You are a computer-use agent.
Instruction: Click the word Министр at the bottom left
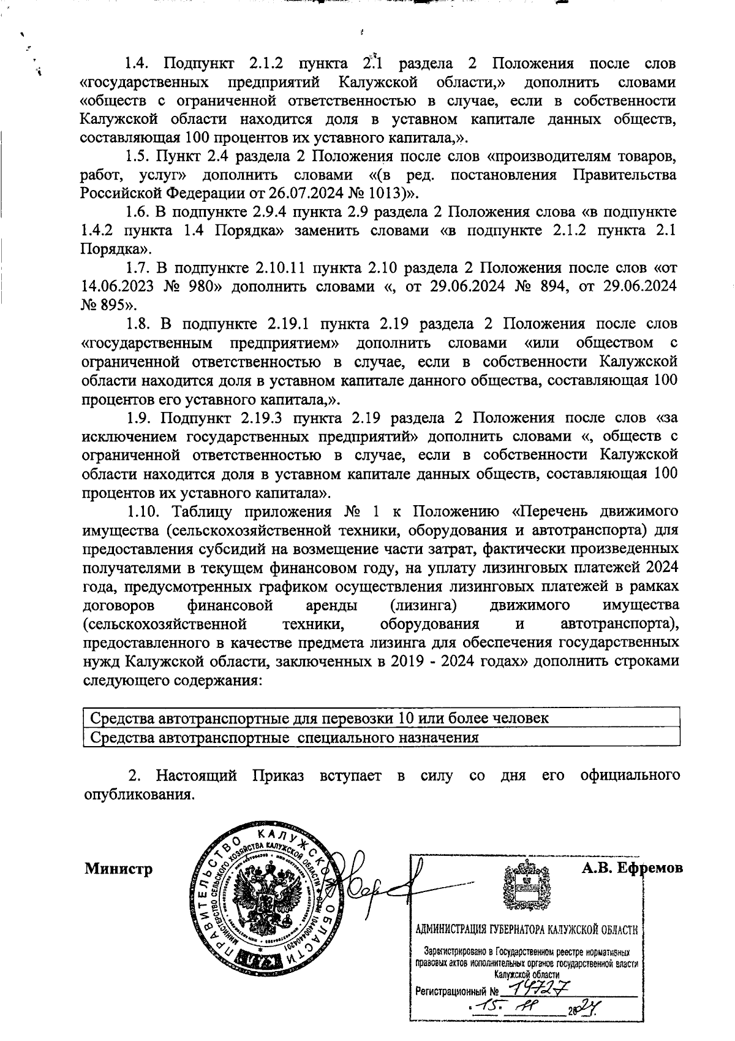pyautogui.click(x=118, y=869)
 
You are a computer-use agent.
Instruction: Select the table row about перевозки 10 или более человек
pyautogui.click(x=318, y=718)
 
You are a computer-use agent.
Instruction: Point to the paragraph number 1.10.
pyautogui.click(x=144, y=512)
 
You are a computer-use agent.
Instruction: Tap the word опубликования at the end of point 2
pyautogui.click(x=138, y=795)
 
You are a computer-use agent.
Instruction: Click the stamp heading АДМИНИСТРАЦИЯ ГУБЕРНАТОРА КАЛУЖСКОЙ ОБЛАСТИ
pyautogui.click(x=527, y=929)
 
